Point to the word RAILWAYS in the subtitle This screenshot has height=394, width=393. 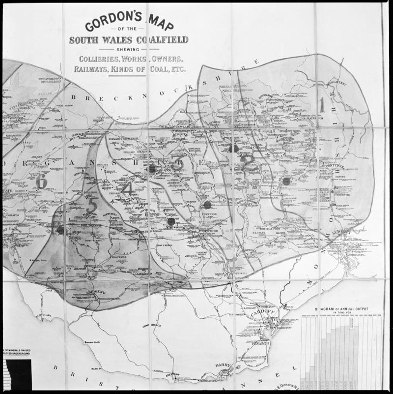click(x=91, y=69)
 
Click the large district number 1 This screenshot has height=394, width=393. click(x=322, y=104)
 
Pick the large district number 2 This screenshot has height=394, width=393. click(x=247, y=162)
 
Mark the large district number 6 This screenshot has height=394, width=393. click(x=41, y=182)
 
